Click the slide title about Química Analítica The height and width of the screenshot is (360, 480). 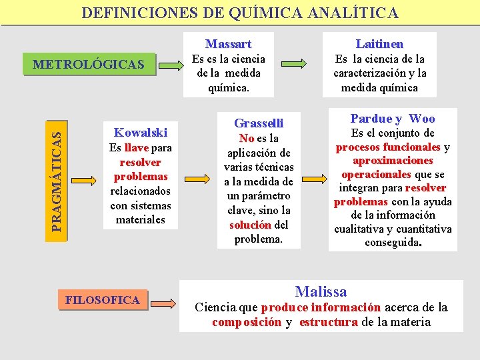[240, 13]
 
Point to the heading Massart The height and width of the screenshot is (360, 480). [228, 44]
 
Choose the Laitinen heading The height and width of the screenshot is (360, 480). [379, 44]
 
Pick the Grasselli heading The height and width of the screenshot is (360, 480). [259, 123]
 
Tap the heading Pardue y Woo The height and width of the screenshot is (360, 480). [393, 119]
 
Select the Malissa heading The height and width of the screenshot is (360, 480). [321, 291]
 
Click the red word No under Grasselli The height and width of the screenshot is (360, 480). [247, 138]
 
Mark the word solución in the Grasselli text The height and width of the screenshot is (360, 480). [250, 225]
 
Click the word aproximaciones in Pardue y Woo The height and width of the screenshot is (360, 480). [393, 161]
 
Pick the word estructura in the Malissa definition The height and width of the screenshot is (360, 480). [329, 322]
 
